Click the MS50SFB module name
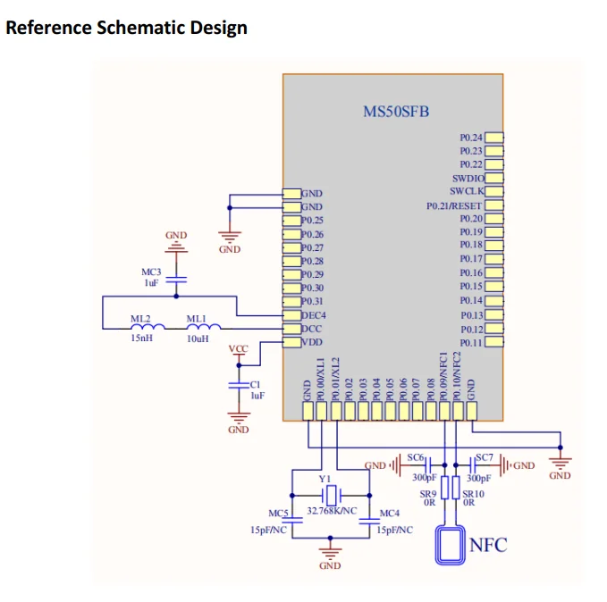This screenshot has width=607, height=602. [x=395, y=111]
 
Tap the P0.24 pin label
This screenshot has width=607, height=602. [x=471, y=138]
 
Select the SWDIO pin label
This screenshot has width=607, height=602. [x=468, y=179]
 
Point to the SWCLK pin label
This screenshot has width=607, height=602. [x=466, y=192]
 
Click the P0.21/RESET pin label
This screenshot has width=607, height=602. [x=454, y=205]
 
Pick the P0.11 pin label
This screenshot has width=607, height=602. [x=471, y=343]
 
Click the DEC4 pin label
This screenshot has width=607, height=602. [x=313, y=315]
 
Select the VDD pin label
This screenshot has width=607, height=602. [x=311, y=342]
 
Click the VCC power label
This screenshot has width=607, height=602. [x=239, y=348]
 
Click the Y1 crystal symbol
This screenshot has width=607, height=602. [x=331, y=495]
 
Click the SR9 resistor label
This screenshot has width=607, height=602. [x=428, y=493]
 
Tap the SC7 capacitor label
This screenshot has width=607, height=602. [x=484, y=457]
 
